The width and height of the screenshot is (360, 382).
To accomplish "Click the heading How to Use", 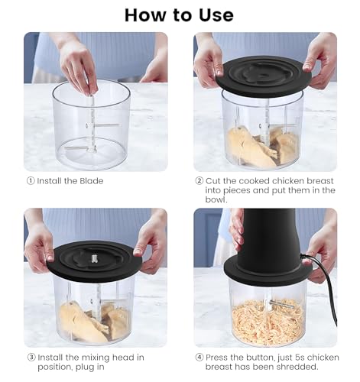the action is click(179, 15).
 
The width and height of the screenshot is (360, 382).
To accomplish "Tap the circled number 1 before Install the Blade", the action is click(31, 181).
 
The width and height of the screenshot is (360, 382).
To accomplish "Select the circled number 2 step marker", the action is click(199, 181).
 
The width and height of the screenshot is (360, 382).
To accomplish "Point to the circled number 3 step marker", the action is click(31, 358).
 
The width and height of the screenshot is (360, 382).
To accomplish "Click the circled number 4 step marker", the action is click(199, 358).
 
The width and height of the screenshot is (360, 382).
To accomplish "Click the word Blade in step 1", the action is click(92, 181).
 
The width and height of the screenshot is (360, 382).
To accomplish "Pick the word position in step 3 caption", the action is click(53, 367).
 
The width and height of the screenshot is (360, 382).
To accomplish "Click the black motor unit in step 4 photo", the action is click(267, 244).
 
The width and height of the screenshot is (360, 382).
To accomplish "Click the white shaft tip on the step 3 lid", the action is click(94, 259).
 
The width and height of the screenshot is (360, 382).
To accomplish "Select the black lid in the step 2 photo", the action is click(264, 76).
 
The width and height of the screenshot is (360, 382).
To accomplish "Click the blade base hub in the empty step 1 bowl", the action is click(92, 150).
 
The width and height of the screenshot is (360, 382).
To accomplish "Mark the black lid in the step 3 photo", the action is click(94, 261).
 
